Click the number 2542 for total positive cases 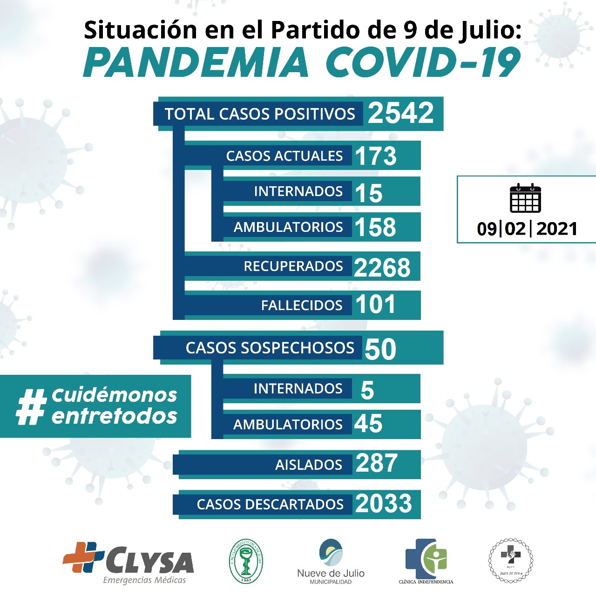point(400,113)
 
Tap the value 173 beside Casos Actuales point(375,156)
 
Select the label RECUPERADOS point(293,266)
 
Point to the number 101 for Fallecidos point(375,305)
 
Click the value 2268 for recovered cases point(382,267)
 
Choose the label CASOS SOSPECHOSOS point(270,348)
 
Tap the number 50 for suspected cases point(380,349)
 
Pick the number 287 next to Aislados point(376,463)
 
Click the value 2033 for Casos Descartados point(383,504)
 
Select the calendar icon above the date point(525,198)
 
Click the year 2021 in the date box point(557,229)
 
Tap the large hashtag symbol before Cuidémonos point(31,406)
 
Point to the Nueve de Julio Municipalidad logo point(331,561)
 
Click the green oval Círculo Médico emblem point(246,561)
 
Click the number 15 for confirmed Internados point(368,193)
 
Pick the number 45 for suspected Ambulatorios point(368,424)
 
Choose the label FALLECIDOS point(301,305)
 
